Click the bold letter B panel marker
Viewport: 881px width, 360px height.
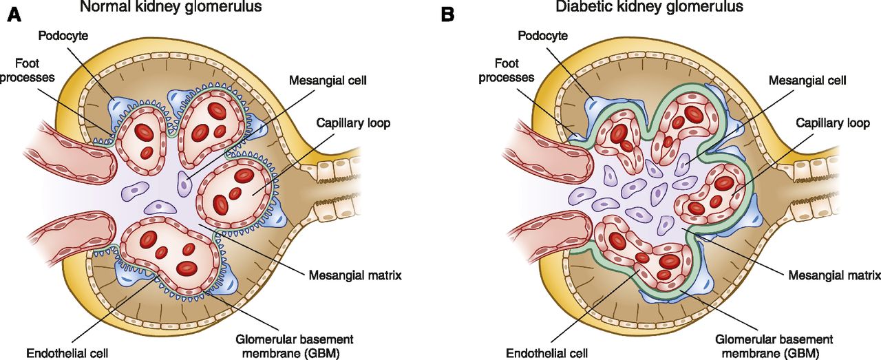coord(448,12)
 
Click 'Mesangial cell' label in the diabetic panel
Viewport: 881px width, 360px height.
coord(807,80)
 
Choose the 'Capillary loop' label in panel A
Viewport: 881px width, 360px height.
coord(353,124)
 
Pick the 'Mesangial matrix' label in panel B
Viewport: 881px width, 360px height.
coord(834,275)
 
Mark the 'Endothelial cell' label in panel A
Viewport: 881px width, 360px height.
coord(62,354)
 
